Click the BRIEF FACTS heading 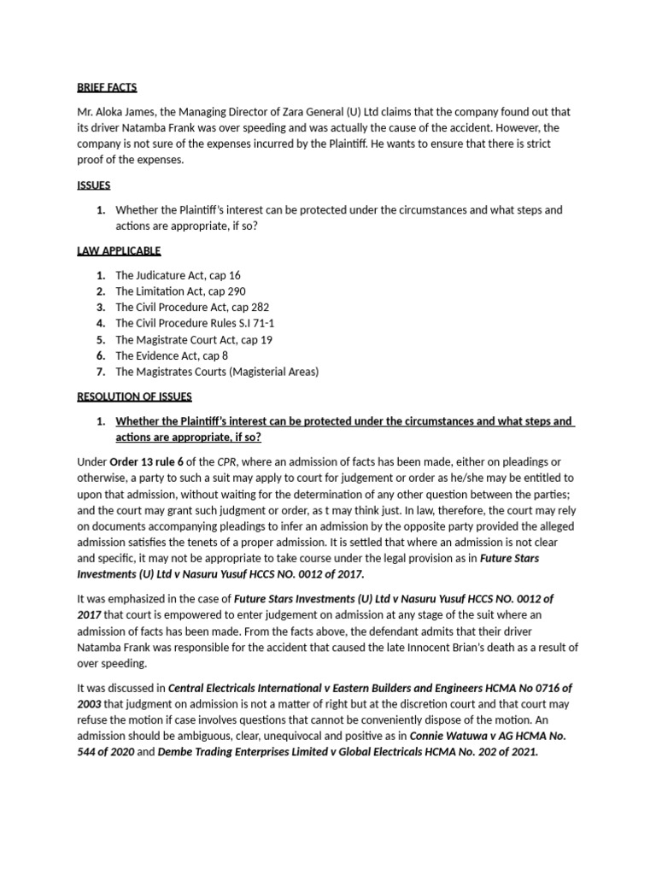(x=107, y=87)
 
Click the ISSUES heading (x=93, y=185)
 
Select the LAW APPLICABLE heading (x=119, y=250)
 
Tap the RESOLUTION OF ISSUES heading (x=135, y=396)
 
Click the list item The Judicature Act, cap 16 (x=178, y=275)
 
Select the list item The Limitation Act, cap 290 (x=180, y=291)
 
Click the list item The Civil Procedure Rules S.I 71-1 (x=195, y=323)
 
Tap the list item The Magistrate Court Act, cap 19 (x=193, y=339)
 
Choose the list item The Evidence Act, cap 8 (x=172, y=355)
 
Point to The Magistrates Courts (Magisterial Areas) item (x=217, y=371)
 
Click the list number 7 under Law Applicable (x=100, y=371)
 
